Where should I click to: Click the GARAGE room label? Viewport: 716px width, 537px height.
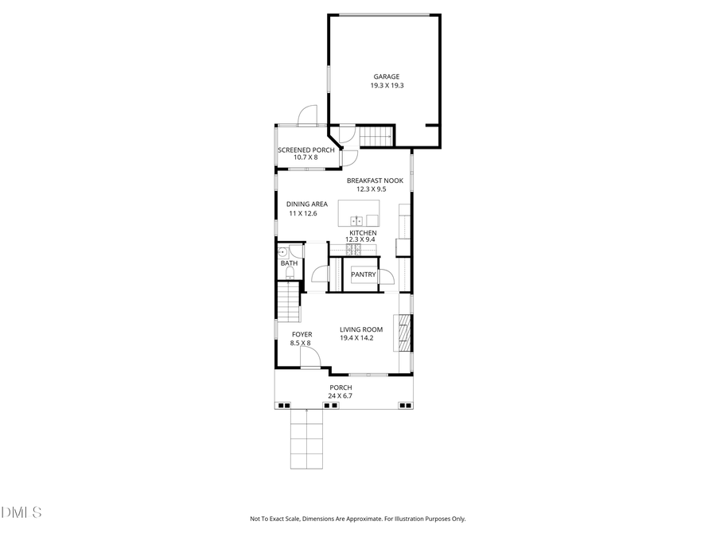pos(387,77)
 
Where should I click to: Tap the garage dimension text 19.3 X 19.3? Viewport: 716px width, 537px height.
pos(387,86)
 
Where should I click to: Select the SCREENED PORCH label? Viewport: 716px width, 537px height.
pos(305,150)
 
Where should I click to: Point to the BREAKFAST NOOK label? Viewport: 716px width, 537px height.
pos(375,181)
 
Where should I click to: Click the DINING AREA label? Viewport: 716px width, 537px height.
pos(307,204)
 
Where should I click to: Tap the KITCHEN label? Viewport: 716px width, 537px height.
pos(363,232)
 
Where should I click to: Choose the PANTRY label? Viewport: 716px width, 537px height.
pos(363,274)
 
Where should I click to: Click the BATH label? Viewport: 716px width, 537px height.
pos(288,263)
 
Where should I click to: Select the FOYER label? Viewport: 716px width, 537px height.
pos(302,334)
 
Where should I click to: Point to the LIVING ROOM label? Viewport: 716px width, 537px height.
pos(361,329)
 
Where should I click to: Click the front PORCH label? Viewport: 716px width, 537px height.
pos(340,387)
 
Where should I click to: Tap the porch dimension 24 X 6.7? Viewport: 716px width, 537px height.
pos(340,395)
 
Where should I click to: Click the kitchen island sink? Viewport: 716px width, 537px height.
pos(359,220)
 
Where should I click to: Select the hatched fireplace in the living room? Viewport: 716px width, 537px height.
pos(405,333)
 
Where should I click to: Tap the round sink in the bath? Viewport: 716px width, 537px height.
pos(282,251)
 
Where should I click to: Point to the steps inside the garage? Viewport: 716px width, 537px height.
pos(376,138)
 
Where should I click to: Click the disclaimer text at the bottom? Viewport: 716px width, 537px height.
pos(358,519)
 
